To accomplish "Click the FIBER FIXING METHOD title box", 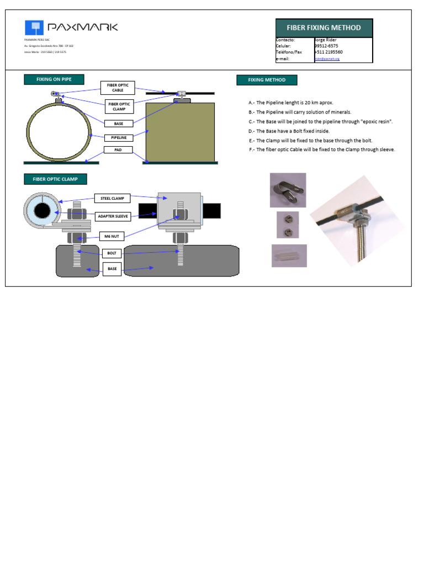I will pyautogui.click(x=324, y=28).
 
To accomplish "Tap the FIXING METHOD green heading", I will pyautogui.click(x=267, y=80).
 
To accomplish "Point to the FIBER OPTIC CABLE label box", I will pyautogui.click(x=118, y=88).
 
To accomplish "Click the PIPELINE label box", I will pyautogui.click(x=119, y=137).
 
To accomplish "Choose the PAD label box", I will pyautogui.click(x=118, y=150).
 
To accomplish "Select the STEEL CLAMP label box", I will pyautogui.click(x=113, y=198).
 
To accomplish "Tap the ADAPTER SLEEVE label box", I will pyautogui.click(x=113, y=216).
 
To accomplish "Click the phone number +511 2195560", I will pyautogui.click(x=329, y=52).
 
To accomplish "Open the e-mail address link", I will pyautogui.click(x=327, y=58).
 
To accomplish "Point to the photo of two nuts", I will pyautogui.click(x=288, y=225).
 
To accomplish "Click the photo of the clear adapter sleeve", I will pyautogui.click(x=289, y=255).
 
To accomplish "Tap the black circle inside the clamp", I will pyautogui.click(x=42, y=211).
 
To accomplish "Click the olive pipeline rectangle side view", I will pyautogui.click(x=180, y=132).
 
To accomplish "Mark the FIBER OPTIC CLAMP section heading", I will pyautogui.click(x=55, y=179).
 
